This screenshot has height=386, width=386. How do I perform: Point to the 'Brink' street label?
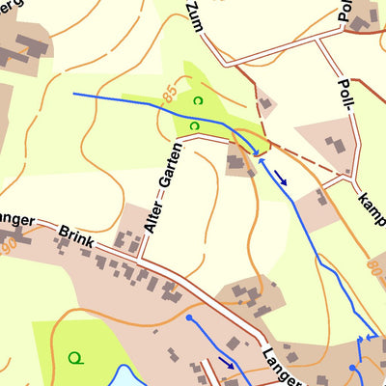73,236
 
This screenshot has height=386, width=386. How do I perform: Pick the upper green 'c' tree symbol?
197,100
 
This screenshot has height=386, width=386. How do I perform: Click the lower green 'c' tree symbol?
194,125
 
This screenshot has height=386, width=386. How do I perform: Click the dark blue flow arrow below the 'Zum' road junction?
281,177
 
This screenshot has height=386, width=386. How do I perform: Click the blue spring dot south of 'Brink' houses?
190,317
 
